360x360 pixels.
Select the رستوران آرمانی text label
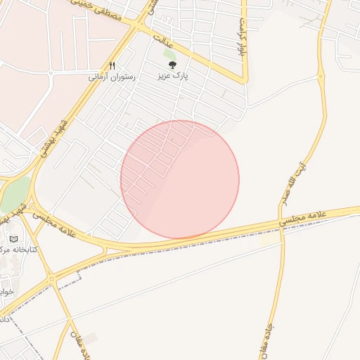click(x=111, y=76)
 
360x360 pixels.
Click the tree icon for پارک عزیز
click(x=173, y=65)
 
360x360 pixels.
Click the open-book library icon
click(x=13, y=239)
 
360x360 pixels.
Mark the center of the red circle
click(x=180, y=179)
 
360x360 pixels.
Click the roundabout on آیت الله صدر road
click(x=321, y=76)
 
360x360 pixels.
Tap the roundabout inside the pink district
click(x=51, y=72)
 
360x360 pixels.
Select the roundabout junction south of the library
click(x=51, y=279)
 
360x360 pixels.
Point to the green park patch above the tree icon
click(x=169, y=53)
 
